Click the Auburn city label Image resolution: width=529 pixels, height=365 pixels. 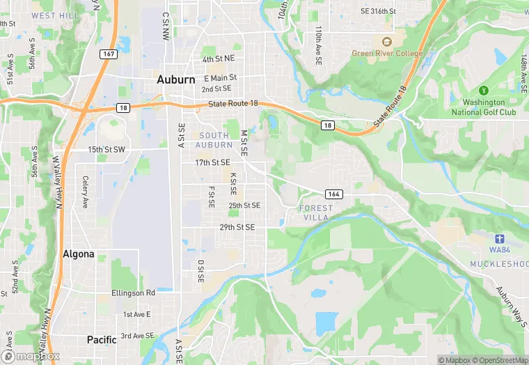coord(176,80)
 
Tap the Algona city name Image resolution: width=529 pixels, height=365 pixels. coord(78,254)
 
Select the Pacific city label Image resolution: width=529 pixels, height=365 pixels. coord(102,340)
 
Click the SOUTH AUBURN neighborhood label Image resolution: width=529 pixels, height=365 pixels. coord(214,139)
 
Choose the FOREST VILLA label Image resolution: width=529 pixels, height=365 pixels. coord(315,213)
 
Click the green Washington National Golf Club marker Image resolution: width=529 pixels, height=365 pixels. coord(483,91)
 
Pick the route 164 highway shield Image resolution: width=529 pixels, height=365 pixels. coord(332,193)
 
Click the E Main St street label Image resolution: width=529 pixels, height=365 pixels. coord(220,78)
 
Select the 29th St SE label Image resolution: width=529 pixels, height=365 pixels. coord(237,227)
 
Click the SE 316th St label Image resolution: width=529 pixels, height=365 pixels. coord(378,12)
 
